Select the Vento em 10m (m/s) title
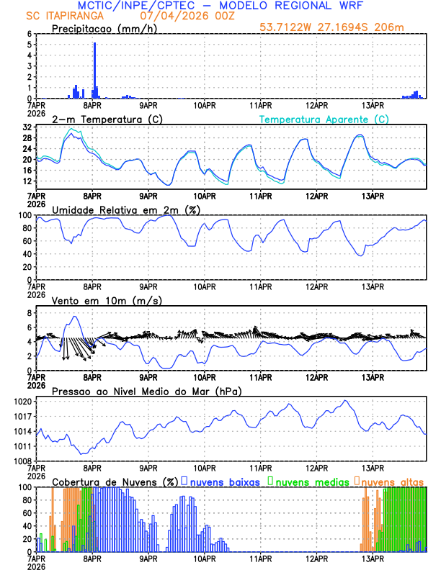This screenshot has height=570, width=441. click(x=97, y=300)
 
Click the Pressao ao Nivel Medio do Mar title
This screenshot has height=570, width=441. click(x=146, y=391)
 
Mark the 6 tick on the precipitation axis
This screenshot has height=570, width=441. click(x=29, y=34)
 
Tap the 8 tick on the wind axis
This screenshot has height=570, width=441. click(x=29, y=313)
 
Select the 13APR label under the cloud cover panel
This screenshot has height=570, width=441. click(x=372, y=558)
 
